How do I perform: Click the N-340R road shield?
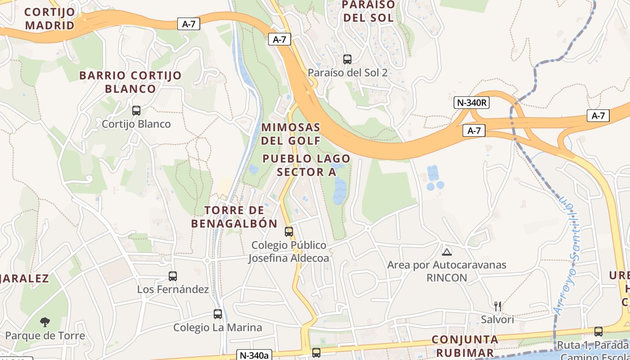point(472,103)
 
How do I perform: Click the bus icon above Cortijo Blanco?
point(136,110)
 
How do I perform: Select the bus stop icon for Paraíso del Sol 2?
point(347,59)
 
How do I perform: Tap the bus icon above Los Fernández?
point(173,276)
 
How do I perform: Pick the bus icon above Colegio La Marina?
point(218,314)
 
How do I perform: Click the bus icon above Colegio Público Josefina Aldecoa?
point(289,232)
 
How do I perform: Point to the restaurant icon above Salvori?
point(497,306)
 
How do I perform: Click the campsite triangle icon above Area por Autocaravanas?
point(446,252)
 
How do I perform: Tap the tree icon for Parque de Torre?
point(45,322)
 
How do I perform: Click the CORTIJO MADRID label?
point(50,18)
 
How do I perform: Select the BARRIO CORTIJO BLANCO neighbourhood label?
point(130,82)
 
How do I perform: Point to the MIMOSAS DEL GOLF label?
point(291,134)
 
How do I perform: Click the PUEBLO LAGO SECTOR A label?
point(306,165)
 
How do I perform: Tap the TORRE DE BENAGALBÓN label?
point(234,217)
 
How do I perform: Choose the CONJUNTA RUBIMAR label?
point(465,346)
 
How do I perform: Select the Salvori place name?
point(497,319)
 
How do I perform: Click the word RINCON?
point(447,278)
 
